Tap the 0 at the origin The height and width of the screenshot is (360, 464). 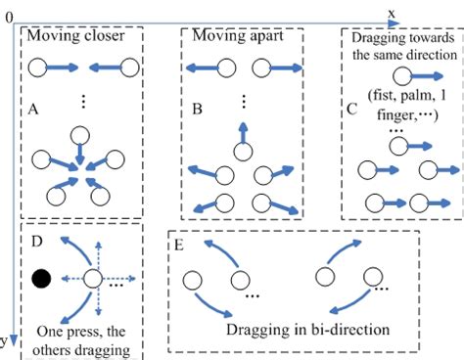(9, 18)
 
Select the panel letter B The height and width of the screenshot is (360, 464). (196, 111)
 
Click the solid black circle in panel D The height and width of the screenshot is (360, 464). (42, 279)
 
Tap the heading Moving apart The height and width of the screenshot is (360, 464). (231, 37)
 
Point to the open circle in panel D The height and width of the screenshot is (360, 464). (92, 279)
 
